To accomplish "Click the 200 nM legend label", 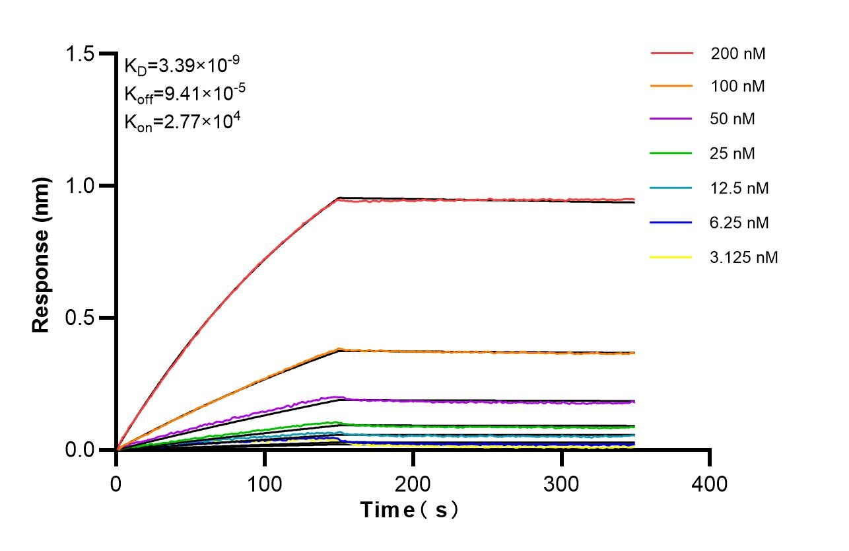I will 738,54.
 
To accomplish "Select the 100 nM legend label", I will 738,86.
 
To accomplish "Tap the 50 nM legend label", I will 733,120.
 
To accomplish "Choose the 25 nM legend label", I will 733,153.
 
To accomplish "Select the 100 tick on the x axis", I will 265,484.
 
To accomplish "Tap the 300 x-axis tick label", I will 561,484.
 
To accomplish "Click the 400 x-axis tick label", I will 710,484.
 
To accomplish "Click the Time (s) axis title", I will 409,510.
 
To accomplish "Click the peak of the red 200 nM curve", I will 339,199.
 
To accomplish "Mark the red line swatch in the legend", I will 672,53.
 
